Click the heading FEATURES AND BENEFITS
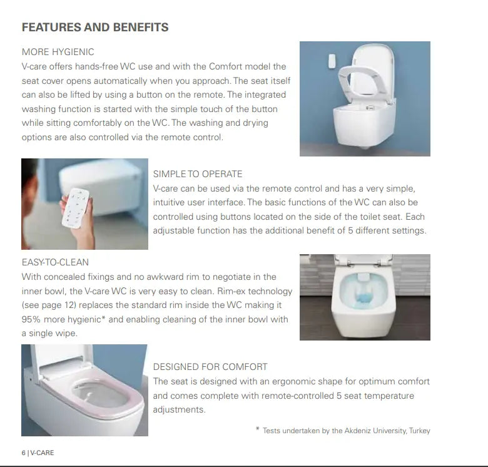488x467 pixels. coord(95,28)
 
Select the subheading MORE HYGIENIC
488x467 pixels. coord(58,52)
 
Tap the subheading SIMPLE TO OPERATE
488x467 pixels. coord(198,173)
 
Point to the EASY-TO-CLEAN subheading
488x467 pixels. coord(55,262)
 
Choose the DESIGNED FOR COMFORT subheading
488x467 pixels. coord(210,366)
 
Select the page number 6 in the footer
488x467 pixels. coord(24,453)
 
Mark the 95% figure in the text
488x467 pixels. coord(32,319)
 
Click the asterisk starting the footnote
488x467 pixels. coord(257,429)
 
